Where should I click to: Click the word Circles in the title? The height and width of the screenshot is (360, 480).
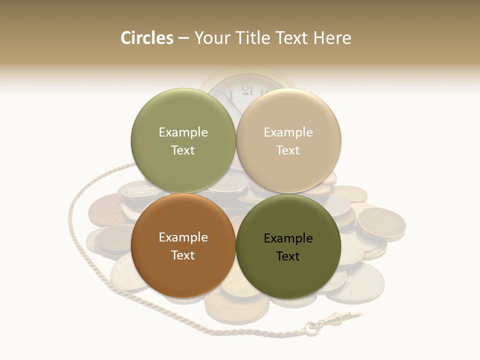(146, 38)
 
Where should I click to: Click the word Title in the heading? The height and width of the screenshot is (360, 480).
(255, 38)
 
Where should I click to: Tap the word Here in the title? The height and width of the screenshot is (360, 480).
(332, 38)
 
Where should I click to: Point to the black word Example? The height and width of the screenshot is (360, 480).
(288, 238)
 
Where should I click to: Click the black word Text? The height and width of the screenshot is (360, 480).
(288, 256)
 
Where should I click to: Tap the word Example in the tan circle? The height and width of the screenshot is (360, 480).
(288, 132)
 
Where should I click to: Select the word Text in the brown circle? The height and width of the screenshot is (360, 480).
(183, 255)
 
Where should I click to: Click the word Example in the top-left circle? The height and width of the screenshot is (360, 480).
(183, 132)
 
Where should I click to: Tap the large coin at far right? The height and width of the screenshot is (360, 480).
(381, 223)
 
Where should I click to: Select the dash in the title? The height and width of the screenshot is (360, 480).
(183, 38)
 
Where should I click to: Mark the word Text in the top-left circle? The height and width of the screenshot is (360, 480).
(183, 150)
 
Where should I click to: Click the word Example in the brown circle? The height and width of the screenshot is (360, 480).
(183, 237)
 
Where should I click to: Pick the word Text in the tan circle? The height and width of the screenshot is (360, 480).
(288, 150)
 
